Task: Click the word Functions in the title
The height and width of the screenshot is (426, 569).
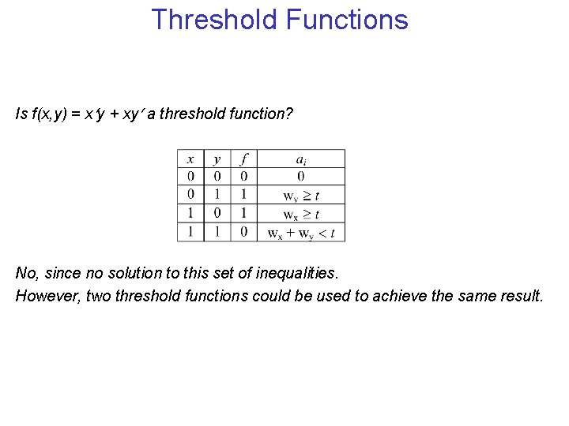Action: coord(347,19)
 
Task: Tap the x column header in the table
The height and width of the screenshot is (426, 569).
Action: coord(190,159)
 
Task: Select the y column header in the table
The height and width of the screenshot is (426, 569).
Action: coord(217,159)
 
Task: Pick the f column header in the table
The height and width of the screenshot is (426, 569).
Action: coord(244,159)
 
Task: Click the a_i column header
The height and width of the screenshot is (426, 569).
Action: coord(301,159)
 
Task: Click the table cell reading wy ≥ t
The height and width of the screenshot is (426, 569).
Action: coord(301,195)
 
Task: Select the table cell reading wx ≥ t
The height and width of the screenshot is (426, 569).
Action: coord(301,214)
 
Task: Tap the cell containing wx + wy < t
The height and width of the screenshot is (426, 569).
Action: coord(301,232)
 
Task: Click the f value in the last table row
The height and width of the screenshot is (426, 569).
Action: coord(244,232)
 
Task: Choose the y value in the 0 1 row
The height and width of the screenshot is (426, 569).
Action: coord(217,195)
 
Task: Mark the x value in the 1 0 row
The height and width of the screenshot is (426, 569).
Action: coord(190,214)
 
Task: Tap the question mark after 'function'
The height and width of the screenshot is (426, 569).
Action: coord(288,114)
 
